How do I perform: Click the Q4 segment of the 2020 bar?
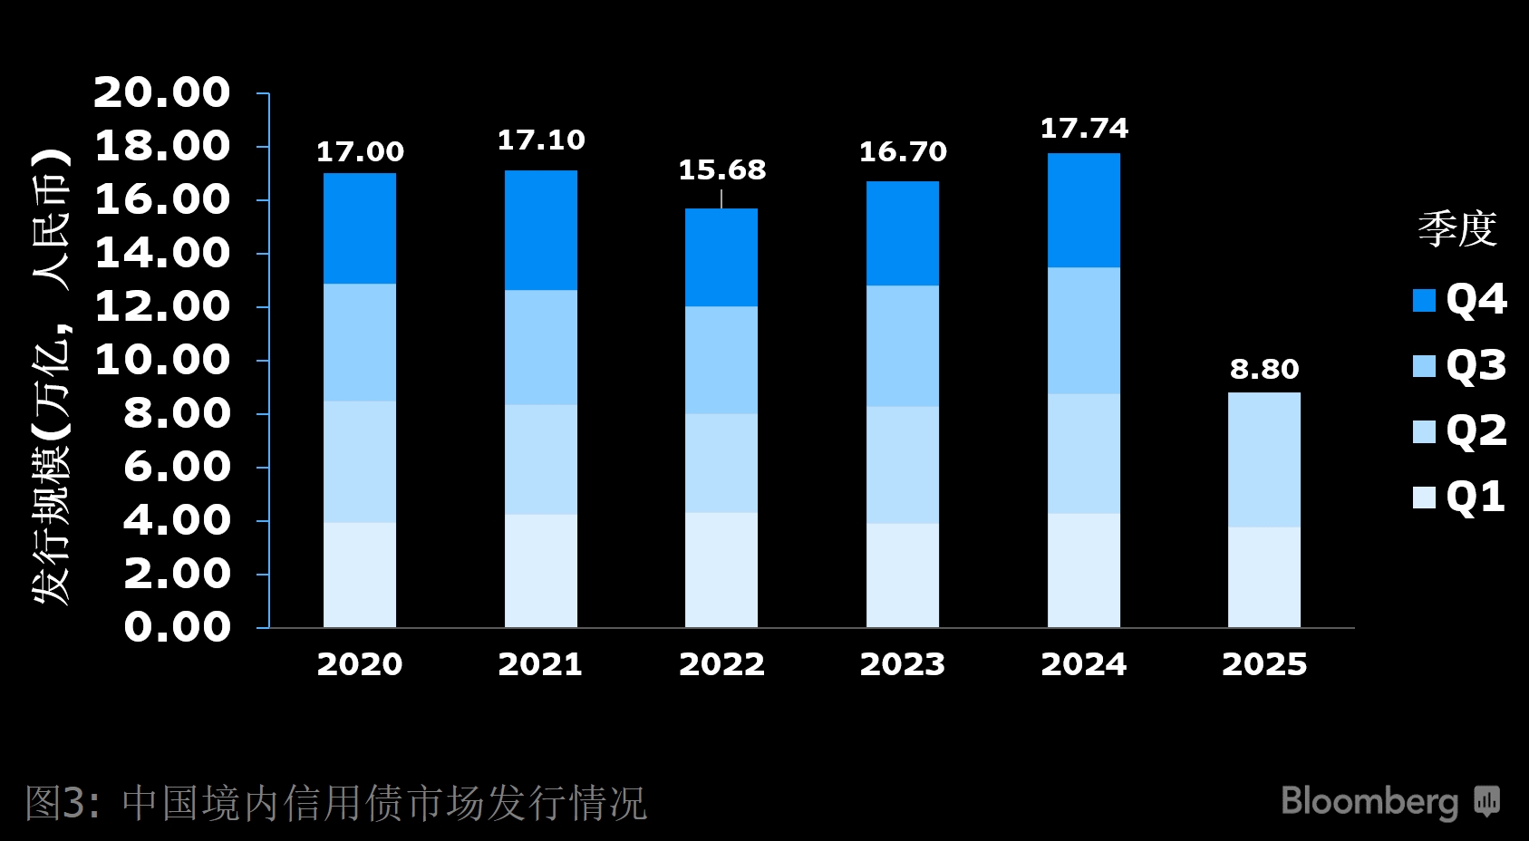[x=360, y=228]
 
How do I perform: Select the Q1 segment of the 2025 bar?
[x=1263, y=577]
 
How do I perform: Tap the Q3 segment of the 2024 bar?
[x=1083, y=331]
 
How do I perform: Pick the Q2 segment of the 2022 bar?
[x=721, y=463]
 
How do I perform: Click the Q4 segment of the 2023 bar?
[x=902, y=234]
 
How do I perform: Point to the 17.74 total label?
[x=1084, y=129]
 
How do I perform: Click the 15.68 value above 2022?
[x=722, y=169]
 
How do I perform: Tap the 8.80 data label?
[x=1263, y=369]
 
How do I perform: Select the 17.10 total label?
[x=541, y=140]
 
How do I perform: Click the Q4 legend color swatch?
[x=1424, y=300]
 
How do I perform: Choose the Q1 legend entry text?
[x=1476, y=497]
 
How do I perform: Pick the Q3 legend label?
[x=1476, y=365]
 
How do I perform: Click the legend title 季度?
[x=1456, y=228]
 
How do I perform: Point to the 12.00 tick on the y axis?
[x=163, y=306]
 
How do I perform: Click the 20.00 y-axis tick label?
[x=163, y=92]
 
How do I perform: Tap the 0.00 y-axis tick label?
[x=178, y=626]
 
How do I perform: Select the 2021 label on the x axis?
[x=540, y=664]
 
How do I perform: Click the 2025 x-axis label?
[x=1263, y=664]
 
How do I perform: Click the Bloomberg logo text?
[x=1369, y=801]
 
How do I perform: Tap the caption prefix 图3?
[x=57, y=803]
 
